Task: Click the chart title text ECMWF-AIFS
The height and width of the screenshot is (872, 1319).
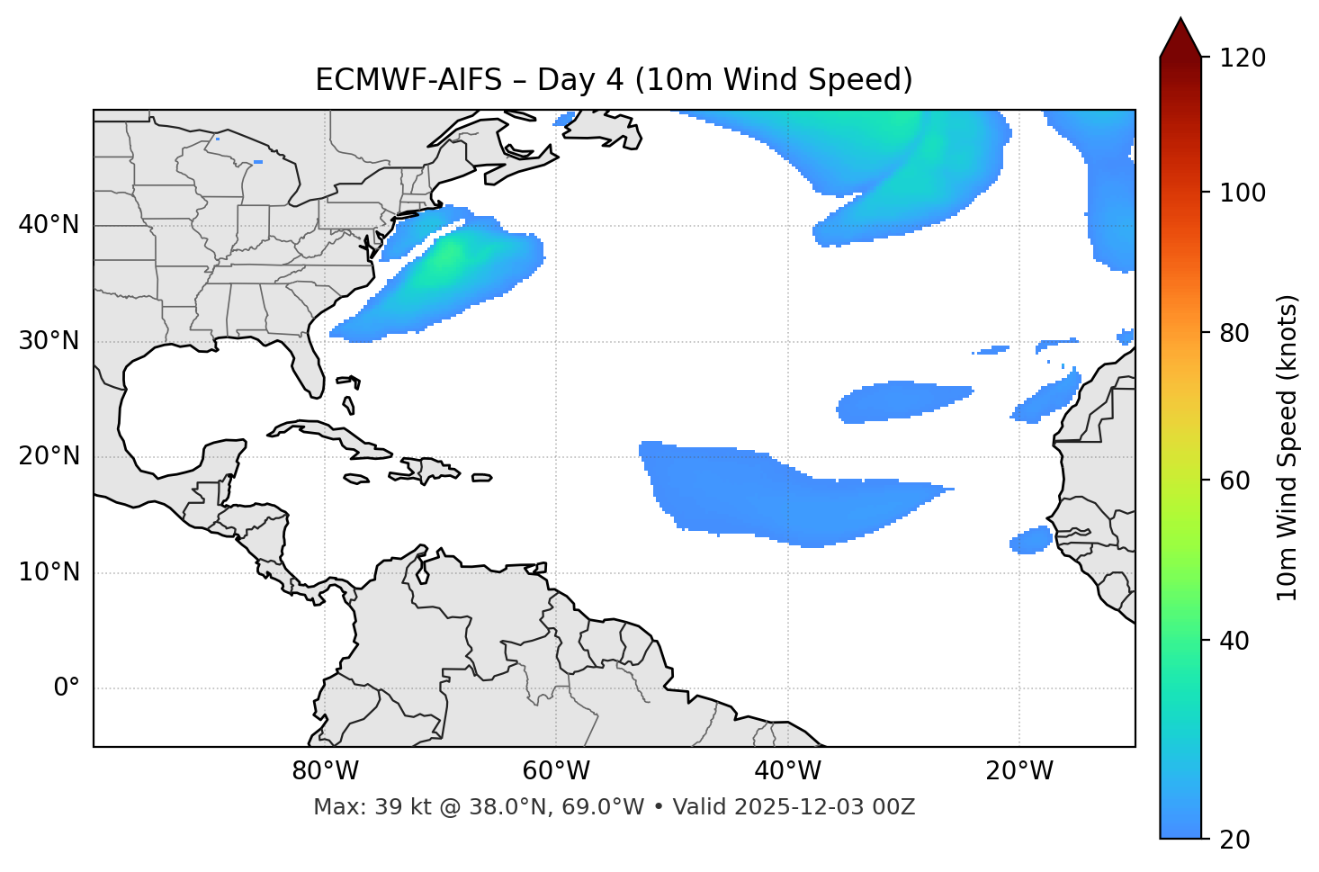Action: click(x=408, y=80)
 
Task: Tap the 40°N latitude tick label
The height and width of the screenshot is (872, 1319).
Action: click(x=49, y=225)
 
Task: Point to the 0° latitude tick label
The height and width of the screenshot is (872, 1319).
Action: click(x=67, y=688)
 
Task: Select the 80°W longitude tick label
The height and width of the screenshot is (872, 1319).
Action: click(x=325, y=771)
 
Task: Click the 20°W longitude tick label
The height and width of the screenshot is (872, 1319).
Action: click(x=1018, y=771)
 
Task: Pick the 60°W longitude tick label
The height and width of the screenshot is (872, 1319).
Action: click(x=555, y=771)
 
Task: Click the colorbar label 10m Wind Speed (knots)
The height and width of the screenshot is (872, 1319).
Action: click(x=1288, y=447)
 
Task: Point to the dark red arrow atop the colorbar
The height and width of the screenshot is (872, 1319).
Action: click(x=1180, y=38)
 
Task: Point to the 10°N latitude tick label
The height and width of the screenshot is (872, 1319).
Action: click(x=49, y=572)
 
